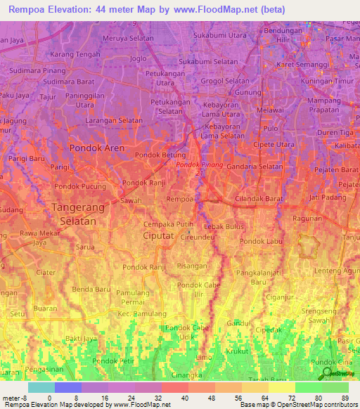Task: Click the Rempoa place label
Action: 179,200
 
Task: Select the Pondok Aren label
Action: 96,148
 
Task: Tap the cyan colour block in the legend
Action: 41,387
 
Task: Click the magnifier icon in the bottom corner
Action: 326,374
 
